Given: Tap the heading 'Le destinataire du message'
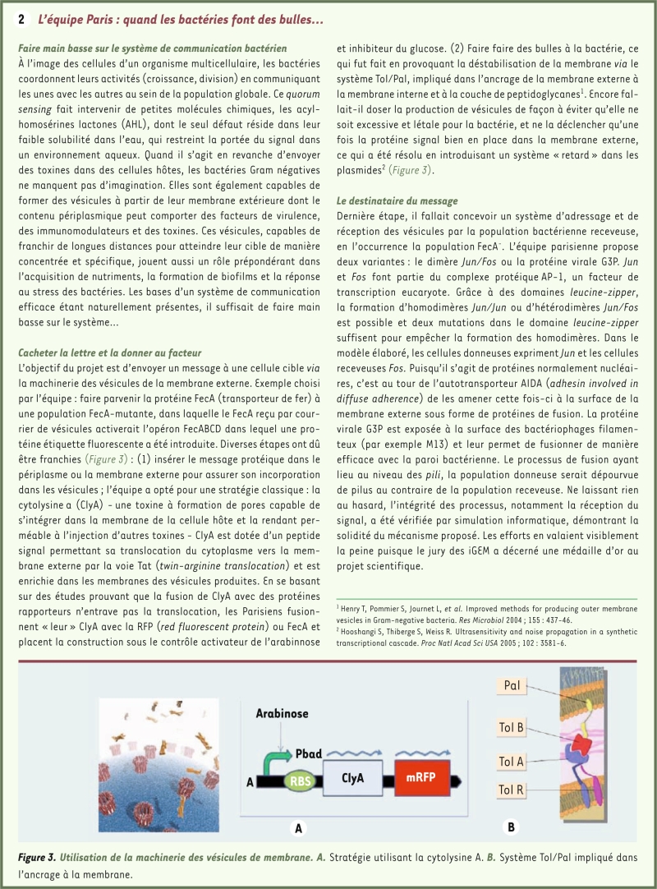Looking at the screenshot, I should pyautogui.click(x=397, y=200).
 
